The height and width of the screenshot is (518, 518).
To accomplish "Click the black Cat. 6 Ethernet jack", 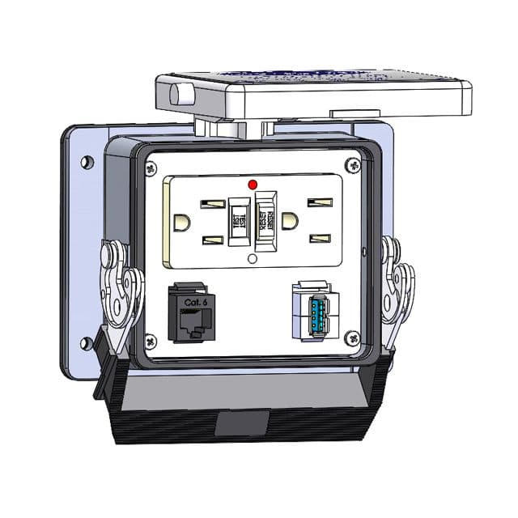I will click(x=191, y=312).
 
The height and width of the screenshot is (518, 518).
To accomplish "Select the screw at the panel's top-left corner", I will click(x=151, y=168).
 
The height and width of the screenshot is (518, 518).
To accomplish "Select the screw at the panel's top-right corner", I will click(x=351, y=166).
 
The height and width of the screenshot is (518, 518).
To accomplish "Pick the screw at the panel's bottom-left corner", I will click(x=151, y=341).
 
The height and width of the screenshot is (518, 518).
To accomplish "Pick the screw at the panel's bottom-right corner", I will click(x=351, y=338).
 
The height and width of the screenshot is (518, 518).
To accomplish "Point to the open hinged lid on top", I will click(x=316, y=93).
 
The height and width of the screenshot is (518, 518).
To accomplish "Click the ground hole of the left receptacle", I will click(x=183, y=222).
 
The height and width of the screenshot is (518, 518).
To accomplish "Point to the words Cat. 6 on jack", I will click(x=194, y=301).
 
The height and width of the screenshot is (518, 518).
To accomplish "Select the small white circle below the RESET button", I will click(x=252, y=259).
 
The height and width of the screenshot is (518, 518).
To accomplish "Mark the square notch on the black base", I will click(x=243, y=422).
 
